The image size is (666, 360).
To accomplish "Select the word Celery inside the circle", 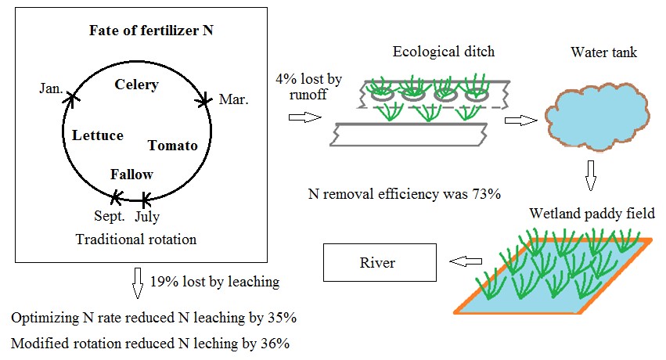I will coord(136,85).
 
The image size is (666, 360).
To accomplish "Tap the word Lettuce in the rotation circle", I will coord(98,135).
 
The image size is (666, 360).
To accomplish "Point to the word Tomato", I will coord(172,146).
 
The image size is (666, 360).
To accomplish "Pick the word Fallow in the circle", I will coord(131,175).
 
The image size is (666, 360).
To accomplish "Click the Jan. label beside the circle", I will coord(52,90).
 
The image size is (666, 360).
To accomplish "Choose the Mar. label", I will coord(234,100).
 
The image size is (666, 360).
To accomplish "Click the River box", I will coord(378,263).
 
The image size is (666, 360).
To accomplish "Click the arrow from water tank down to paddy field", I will coord(590,177).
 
